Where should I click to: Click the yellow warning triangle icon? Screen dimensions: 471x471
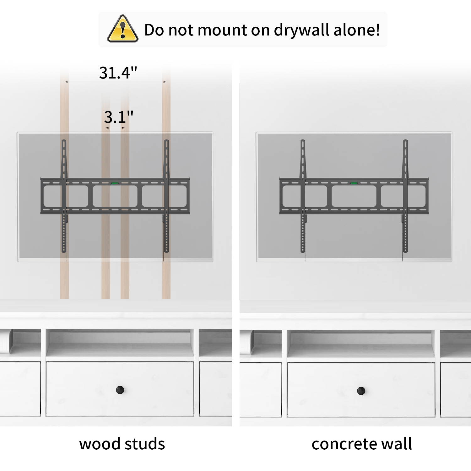(x=123, y=29)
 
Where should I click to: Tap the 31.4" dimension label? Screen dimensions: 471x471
(x=118, y=73)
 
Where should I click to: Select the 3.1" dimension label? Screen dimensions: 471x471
(x=118, y=117)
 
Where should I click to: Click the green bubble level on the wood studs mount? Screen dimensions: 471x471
(x=115, y=182)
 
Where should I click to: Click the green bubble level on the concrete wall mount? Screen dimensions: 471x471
(x=354, y=182)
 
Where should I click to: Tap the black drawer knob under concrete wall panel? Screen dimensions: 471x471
(x=361, y=391)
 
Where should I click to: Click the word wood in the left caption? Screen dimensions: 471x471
(x=99, y=444)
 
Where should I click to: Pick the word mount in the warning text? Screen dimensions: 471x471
(x=222, y=30)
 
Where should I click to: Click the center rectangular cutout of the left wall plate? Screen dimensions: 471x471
(x=115, y=196)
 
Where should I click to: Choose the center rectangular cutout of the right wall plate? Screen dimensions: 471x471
(x=354, y=196)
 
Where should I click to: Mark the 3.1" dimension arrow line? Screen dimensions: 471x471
(x=115, y=128)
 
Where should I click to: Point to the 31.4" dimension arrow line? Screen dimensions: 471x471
(x=115, y=82)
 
